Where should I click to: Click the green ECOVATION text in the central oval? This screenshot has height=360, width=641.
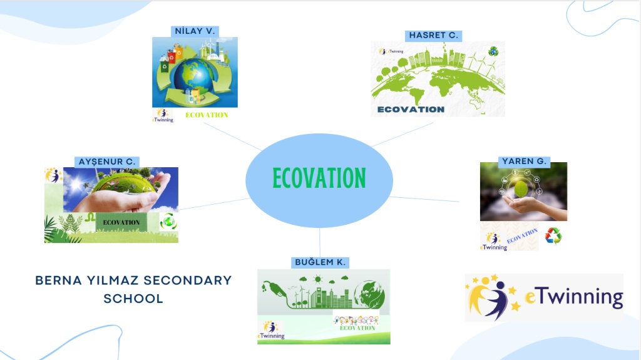click(x=319, y=178)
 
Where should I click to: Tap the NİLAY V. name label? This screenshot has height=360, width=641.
click(x=195, y=31)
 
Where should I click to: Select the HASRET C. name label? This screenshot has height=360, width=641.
click(x=433, y=36)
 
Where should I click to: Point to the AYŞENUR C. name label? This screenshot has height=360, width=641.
click(x=106, y=162)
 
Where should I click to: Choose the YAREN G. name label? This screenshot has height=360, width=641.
click(x=524, y=161)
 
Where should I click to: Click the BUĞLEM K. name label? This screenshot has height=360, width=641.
click(x=320, y=262)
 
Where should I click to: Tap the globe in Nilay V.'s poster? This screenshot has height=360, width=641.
click(x=193, y=76)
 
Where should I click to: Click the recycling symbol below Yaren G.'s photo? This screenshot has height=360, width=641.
click(x=553, y=236)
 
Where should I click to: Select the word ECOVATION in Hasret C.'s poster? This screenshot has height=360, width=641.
click(x=411, y=110)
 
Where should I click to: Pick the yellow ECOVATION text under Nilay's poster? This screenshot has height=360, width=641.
click(x=207, y=115)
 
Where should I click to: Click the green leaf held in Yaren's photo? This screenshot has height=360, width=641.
click(x=521, y=190)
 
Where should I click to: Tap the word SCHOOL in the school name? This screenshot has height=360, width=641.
click(x=133, y=299)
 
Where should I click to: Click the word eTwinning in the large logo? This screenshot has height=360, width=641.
click(x=574, y=297)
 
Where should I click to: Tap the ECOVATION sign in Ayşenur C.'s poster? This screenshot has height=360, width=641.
click(x=121, y=222)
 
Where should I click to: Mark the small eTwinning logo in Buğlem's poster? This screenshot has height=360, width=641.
click(x=271, y=331)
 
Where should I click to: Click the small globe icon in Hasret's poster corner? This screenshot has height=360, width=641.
click(x=493, y=51)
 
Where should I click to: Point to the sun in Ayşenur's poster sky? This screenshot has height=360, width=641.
click(x=76, y=184)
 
